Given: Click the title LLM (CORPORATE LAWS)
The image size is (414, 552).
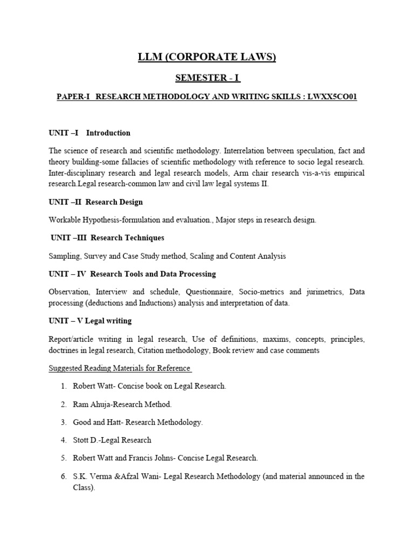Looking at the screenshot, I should pos(208,58).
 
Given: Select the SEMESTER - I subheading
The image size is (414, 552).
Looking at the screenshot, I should pos(208,78).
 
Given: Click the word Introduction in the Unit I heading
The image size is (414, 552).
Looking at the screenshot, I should pos(108,133).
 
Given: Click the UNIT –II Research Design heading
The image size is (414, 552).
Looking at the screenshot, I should pos(95,202).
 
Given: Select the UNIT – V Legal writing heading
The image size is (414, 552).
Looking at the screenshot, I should pos(90,321).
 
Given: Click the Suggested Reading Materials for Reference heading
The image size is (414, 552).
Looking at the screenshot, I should pos(119,368).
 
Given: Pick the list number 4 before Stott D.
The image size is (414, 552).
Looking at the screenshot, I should pos(63,440).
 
